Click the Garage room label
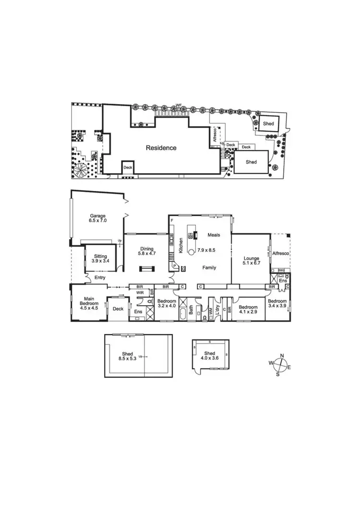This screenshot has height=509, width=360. (97, 216)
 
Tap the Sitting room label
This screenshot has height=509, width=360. (100, 256)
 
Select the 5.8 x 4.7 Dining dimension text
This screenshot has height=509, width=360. (146, 255)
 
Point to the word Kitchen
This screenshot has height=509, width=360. (180, 246)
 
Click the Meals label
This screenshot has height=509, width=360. (214, 235)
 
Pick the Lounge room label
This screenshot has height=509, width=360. (251, 259)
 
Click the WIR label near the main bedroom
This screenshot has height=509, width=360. (140, 292)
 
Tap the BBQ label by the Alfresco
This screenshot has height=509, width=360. (281, 270)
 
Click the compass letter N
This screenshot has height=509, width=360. (282, 355)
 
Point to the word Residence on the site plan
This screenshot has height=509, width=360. (161, 148)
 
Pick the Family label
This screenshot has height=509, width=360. (209, 267)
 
